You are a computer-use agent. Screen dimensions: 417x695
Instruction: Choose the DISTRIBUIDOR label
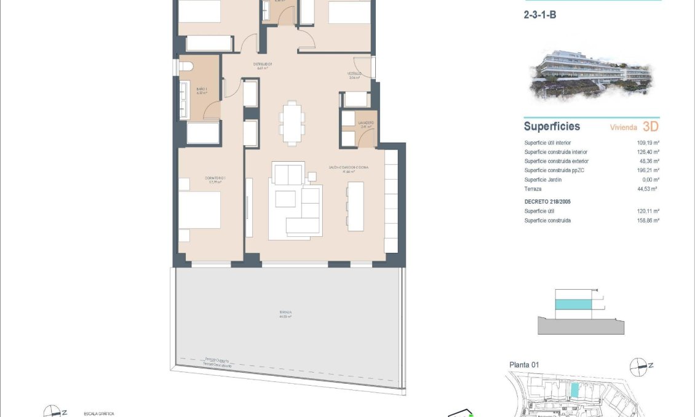263,65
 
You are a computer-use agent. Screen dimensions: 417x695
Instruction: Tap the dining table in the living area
292,121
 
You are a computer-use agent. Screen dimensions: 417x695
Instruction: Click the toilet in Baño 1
185,66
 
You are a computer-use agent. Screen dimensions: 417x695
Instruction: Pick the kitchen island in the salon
355,207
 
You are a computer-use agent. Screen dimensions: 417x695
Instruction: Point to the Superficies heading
552,127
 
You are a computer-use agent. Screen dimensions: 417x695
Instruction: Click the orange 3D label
651,127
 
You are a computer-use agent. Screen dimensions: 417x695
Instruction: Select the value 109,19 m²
648,143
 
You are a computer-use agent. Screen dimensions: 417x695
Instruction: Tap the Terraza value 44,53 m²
648,189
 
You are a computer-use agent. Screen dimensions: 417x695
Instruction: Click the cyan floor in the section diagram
576,304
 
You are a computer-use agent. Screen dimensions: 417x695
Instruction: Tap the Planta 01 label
524,365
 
